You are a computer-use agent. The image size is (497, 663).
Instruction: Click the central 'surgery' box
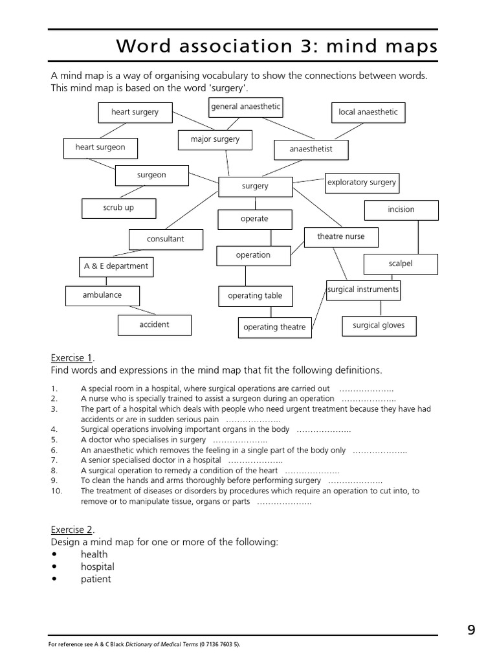coord(255,186)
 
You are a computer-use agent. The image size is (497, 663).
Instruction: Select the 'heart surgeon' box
coord(100,148)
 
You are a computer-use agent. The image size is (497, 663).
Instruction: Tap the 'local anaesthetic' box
coord(368,113)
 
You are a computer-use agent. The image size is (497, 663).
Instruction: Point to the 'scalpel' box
coord(401,264)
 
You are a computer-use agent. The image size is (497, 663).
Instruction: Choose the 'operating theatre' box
coord(274,328)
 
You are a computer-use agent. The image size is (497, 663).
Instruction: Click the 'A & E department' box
coord(116,266)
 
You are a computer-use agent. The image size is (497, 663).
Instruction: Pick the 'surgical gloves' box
coord(379,326)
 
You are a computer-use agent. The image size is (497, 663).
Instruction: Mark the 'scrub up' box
coord(118,208)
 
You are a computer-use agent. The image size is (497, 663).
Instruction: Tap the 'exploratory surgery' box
coord(361,183)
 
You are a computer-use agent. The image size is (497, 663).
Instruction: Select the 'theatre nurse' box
coord(340,237)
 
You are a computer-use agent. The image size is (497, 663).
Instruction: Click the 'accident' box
coord(154,325)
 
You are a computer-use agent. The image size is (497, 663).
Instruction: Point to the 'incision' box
coord(401,210)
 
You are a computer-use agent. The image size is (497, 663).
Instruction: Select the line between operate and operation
coord(271,238)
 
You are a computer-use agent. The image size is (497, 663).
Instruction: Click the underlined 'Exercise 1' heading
coord(72,358)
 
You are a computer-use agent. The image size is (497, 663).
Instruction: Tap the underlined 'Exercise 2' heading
coord(72,530)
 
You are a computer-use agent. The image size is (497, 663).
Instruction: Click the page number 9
coord(471,629)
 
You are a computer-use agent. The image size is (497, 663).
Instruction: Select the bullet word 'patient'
coord(96,579)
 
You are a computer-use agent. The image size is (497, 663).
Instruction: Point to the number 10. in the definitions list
coord(55,491)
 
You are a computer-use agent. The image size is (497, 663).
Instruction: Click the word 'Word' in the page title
coord(144,47)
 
